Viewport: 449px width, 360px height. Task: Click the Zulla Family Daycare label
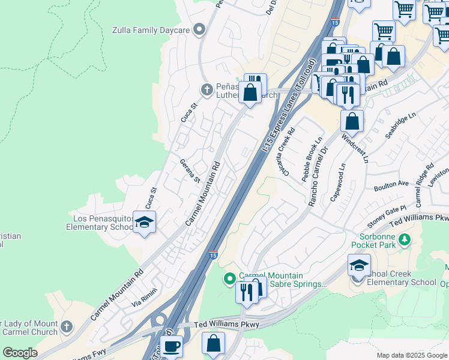point(151,30)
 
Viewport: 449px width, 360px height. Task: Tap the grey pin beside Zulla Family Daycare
point(200,29)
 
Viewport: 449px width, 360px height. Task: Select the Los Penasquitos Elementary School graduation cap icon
point(144,223)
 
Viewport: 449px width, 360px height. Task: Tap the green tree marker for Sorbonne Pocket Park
point(405,240)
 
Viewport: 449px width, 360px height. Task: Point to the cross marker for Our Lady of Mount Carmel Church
point(67,327)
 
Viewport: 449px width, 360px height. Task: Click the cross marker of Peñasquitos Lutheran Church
point(206,89)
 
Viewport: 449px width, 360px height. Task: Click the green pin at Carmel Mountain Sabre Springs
point(229,278)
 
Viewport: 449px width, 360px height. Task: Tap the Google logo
point(20,353)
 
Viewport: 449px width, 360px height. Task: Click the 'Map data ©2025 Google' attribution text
point(411,355)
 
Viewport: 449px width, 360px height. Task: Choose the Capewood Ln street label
point(337,183)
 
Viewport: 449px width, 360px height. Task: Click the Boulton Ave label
point(391,186)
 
